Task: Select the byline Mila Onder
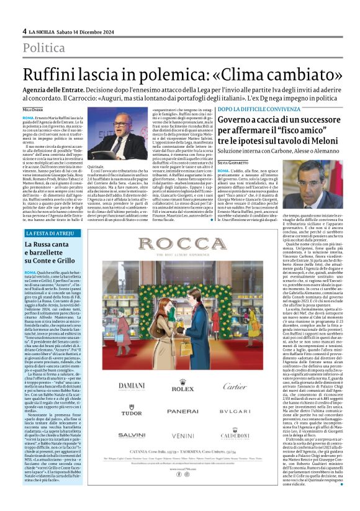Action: click(33, 109)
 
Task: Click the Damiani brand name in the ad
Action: click(132, 386)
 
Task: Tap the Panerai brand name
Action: click(179, 411)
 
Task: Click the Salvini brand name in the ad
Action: click(132, 436)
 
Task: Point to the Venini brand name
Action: click(179, 436)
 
